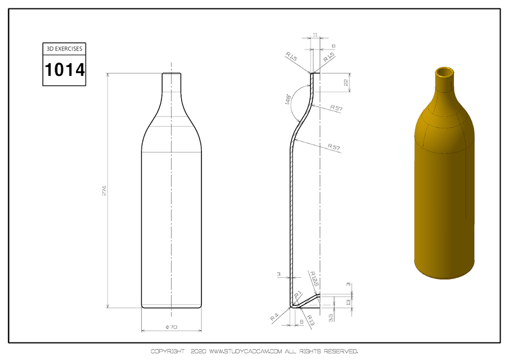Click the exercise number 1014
point(65,70)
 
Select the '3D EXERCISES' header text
point(65,49)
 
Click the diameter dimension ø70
point(171,327)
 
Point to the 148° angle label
point(289,100)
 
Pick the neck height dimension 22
point(347,82)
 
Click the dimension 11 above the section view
point(315,35)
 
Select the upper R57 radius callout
point(336,107)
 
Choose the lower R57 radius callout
point(335,147)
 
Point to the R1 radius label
point(299,294)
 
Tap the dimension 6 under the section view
point(302,321)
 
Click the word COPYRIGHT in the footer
point(167,352)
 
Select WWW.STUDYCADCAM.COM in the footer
point(246,352)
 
